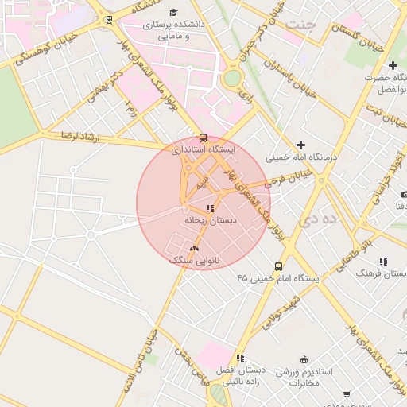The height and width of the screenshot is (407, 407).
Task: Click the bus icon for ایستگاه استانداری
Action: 203,137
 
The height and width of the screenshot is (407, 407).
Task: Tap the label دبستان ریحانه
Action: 207,219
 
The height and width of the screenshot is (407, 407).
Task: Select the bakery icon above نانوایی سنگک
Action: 194,249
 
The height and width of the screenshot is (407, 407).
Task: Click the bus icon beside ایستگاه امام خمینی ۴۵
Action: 278,266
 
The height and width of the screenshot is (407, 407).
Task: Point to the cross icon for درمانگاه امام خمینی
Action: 300,145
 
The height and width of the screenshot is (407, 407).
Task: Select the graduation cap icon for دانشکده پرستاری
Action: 174,12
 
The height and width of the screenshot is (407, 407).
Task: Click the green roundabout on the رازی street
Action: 232,78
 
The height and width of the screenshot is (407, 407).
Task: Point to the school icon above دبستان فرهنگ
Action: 383,262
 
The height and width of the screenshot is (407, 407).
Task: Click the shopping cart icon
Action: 347,394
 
